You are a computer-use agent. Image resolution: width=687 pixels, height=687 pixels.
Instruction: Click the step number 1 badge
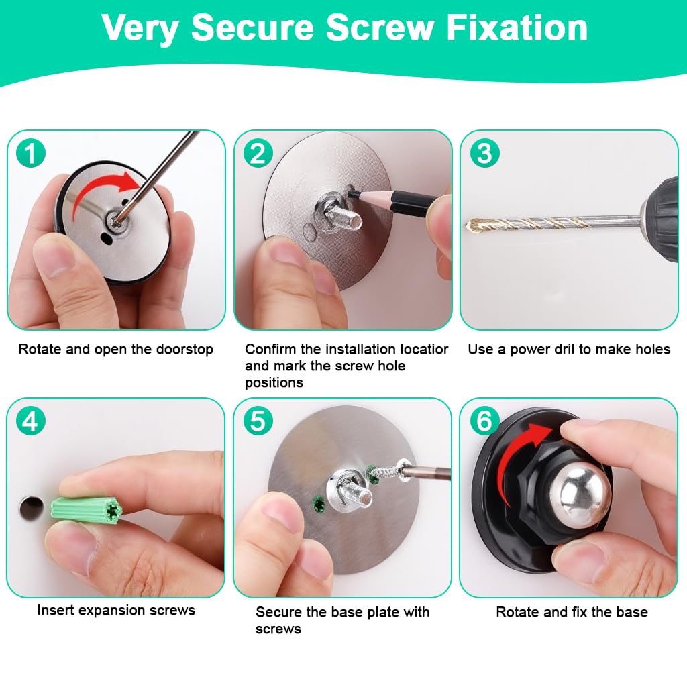pyautogui.click(x=30, y=154)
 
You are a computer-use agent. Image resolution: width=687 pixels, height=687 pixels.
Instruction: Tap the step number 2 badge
pyautogui.click(x=258, y=154)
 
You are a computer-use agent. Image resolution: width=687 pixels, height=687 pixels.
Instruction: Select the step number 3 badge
pyautogui.click(x=484, y=154)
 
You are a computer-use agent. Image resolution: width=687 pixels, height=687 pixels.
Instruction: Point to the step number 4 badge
pyautogui.click(x=30, y=421)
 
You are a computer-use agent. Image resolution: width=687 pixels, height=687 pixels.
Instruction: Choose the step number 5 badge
pyautogui.click(x=258, y=421)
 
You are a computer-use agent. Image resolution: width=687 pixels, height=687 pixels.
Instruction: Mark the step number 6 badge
pyautogui.click(x=484, y=421)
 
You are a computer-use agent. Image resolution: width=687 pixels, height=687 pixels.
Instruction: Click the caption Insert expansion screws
pyautogui.click(x=116, y=610)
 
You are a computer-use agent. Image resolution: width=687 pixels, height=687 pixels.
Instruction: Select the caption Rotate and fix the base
pyautogui.click(x=572, y=612)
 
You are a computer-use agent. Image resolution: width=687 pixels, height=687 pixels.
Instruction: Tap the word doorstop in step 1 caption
pyautogui.click(x=182, y=349)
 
